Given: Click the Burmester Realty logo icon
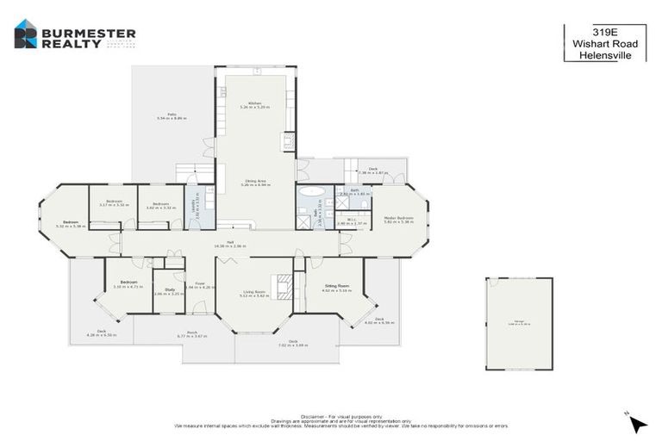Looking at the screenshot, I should [26, 34].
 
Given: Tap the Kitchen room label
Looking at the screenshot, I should [254, 104].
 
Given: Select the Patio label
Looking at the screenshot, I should [172, 115].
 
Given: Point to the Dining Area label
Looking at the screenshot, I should [254, 182].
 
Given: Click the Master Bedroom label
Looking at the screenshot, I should [399, 219].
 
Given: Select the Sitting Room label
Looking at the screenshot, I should [336, 288].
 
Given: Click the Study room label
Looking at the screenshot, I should [167, 290].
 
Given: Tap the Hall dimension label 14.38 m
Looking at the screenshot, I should [230, 245].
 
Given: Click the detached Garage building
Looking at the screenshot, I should [518, 324].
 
